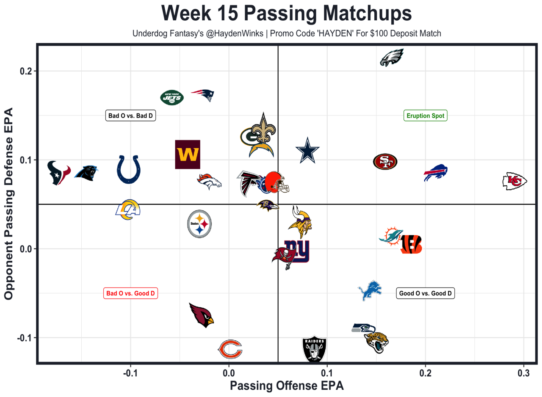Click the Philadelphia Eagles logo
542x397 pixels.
click(392, 58)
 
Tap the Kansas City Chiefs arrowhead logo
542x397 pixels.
click(514, 181)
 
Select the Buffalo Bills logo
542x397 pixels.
click(436, 172)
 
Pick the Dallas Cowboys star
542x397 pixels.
click(307, 151)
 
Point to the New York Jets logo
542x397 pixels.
click(172, 98)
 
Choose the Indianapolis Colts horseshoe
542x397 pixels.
click(128, 169)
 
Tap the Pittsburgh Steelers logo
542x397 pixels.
click(199, 223)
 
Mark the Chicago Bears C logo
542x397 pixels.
click(230, 350)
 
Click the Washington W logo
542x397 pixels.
click(188, 154)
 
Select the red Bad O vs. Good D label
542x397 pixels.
click(130, 293)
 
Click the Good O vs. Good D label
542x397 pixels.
click(425, 293)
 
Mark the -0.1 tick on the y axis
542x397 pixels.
click(25, 338)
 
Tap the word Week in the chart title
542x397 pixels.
click(188, 14)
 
